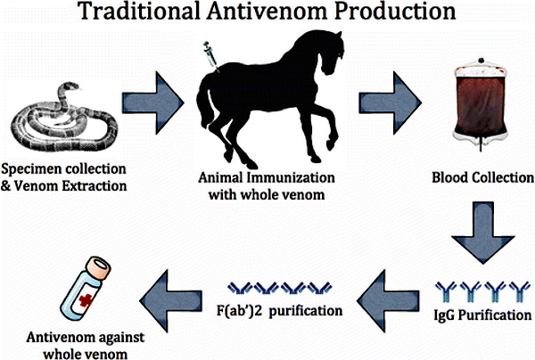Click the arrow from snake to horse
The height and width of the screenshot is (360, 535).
tap(152, 94)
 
